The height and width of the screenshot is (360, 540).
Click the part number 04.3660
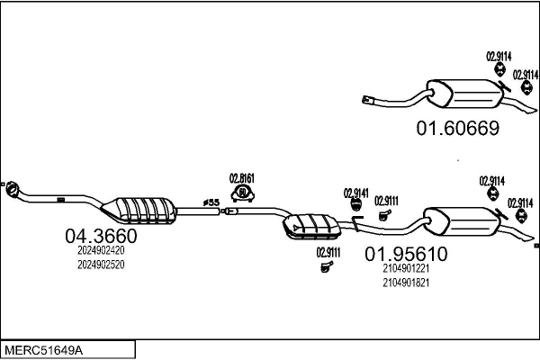point(101,236)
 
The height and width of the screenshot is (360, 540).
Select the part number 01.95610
point(406,254)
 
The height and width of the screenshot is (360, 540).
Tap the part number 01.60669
point(458,128)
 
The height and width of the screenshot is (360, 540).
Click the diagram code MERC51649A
point(44,351)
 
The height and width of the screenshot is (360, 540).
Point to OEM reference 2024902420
point(101,250)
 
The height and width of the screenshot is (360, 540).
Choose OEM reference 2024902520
point(101,265)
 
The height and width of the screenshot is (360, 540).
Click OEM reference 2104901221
point(406,268)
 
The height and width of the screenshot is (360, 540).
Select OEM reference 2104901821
point(406,283)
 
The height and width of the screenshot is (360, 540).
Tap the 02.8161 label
point(242,178)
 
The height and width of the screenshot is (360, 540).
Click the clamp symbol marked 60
point(243,193)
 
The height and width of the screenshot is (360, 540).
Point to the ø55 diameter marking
point(211,202)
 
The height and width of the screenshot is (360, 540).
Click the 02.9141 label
point(356,193)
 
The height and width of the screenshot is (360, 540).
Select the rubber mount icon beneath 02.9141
point(355,204)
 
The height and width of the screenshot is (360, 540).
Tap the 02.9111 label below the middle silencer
point(328,253)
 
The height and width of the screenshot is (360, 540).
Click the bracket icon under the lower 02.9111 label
point(327,266)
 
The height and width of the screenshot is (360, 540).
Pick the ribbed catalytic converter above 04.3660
point(139,211)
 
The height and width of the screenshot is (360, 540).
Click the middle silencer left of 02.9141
point(312,226)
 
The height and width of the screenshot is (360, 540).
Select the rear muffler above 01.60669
point(464,94)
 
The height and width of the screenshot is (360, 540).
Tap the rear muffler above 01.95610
point(462,221)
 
